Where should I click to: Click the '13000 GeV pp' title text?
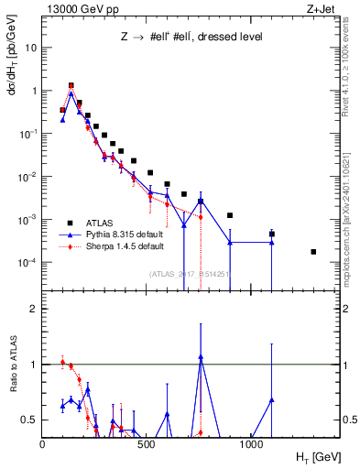(73, 8)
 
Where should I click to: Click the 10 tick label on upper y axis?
(30, 48)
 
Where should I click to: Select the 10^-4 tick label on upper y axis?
(27, 263)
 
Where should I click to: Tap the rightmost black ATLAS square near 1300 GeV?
(313, 252)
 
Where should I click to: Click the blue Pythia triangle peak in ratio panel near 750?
(201, 357)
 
